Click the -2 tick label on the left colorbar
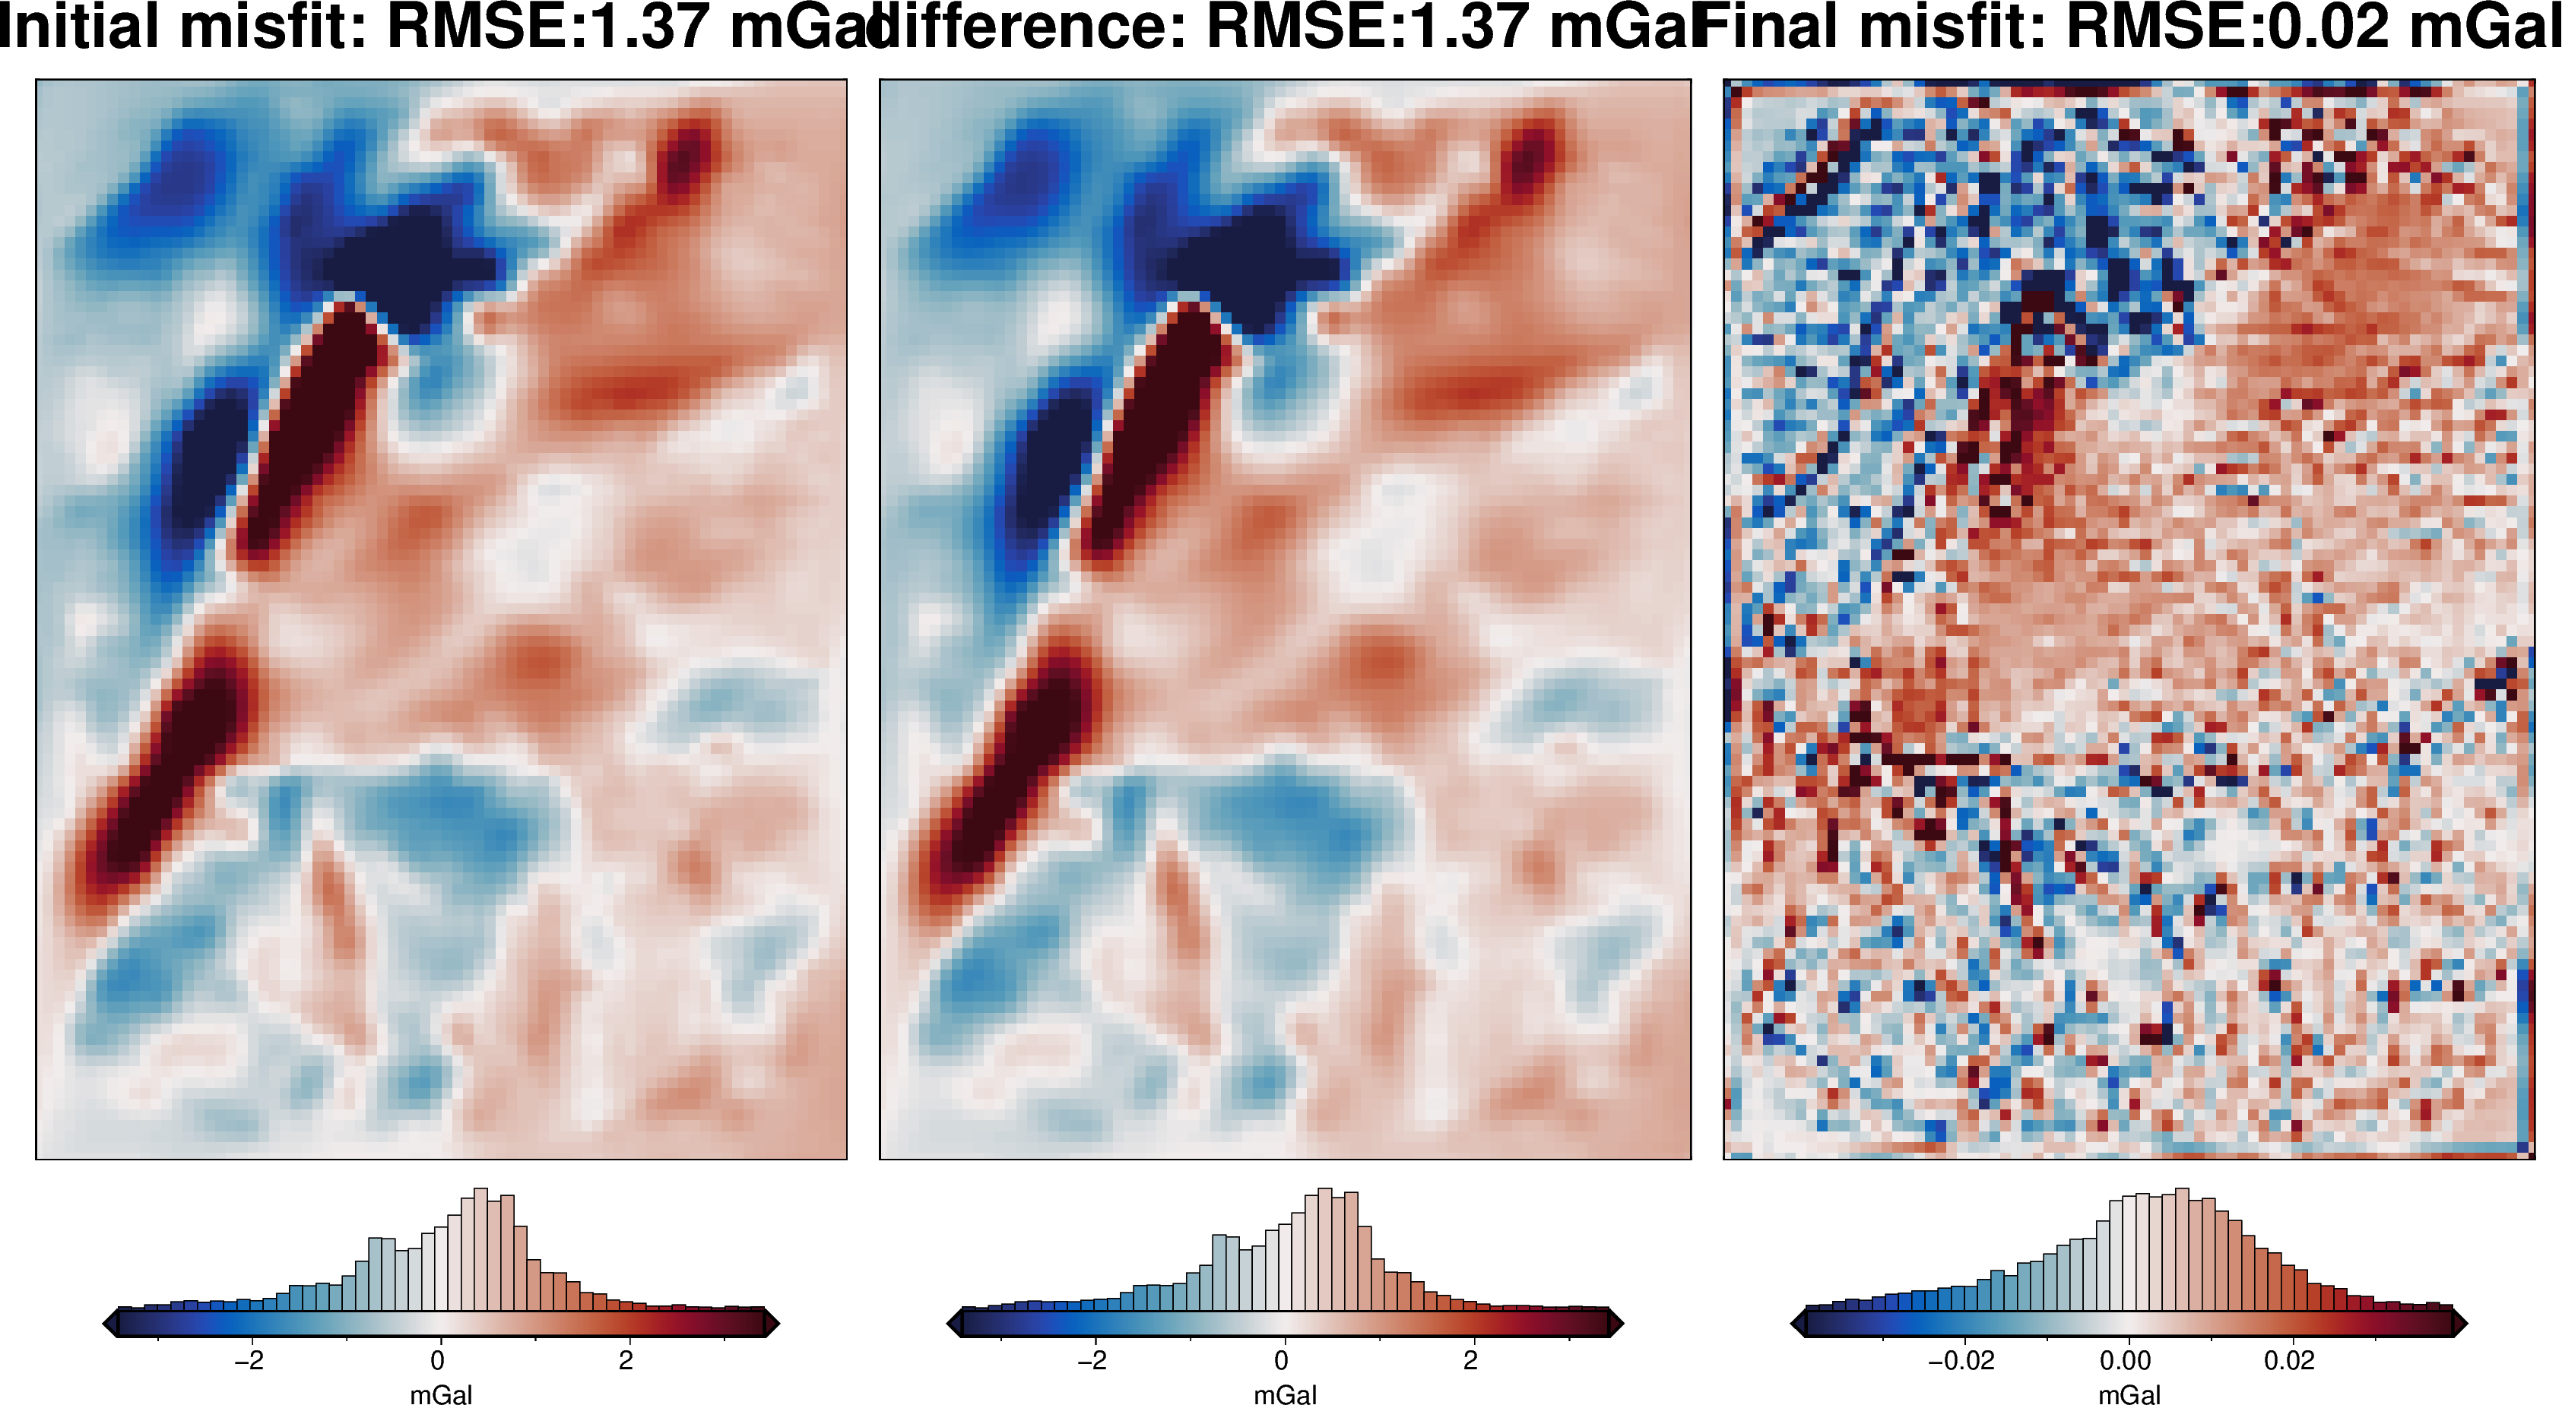point(249,1360)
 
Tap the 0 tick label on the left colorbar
point(438,1360)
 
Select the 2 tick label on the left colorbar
point(626,1360)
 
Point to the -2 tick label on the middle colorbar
point(1092,1360)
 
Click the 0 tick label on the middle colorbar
point(1281,1360)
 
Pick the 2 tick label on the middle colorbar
point(1470,1360)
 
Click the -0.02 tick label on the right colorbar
point(1961,1360)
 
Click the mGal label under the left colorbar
point(441,1394)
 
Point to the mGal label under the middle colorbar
point(1285,1394)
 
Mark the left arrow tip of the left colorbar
point(106,1324)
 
